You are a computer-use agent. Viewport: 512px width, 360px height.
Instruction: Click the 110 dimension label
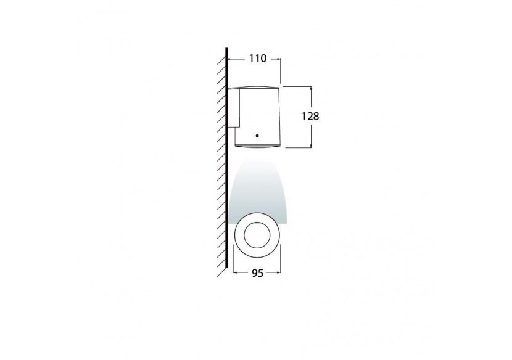257,59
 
